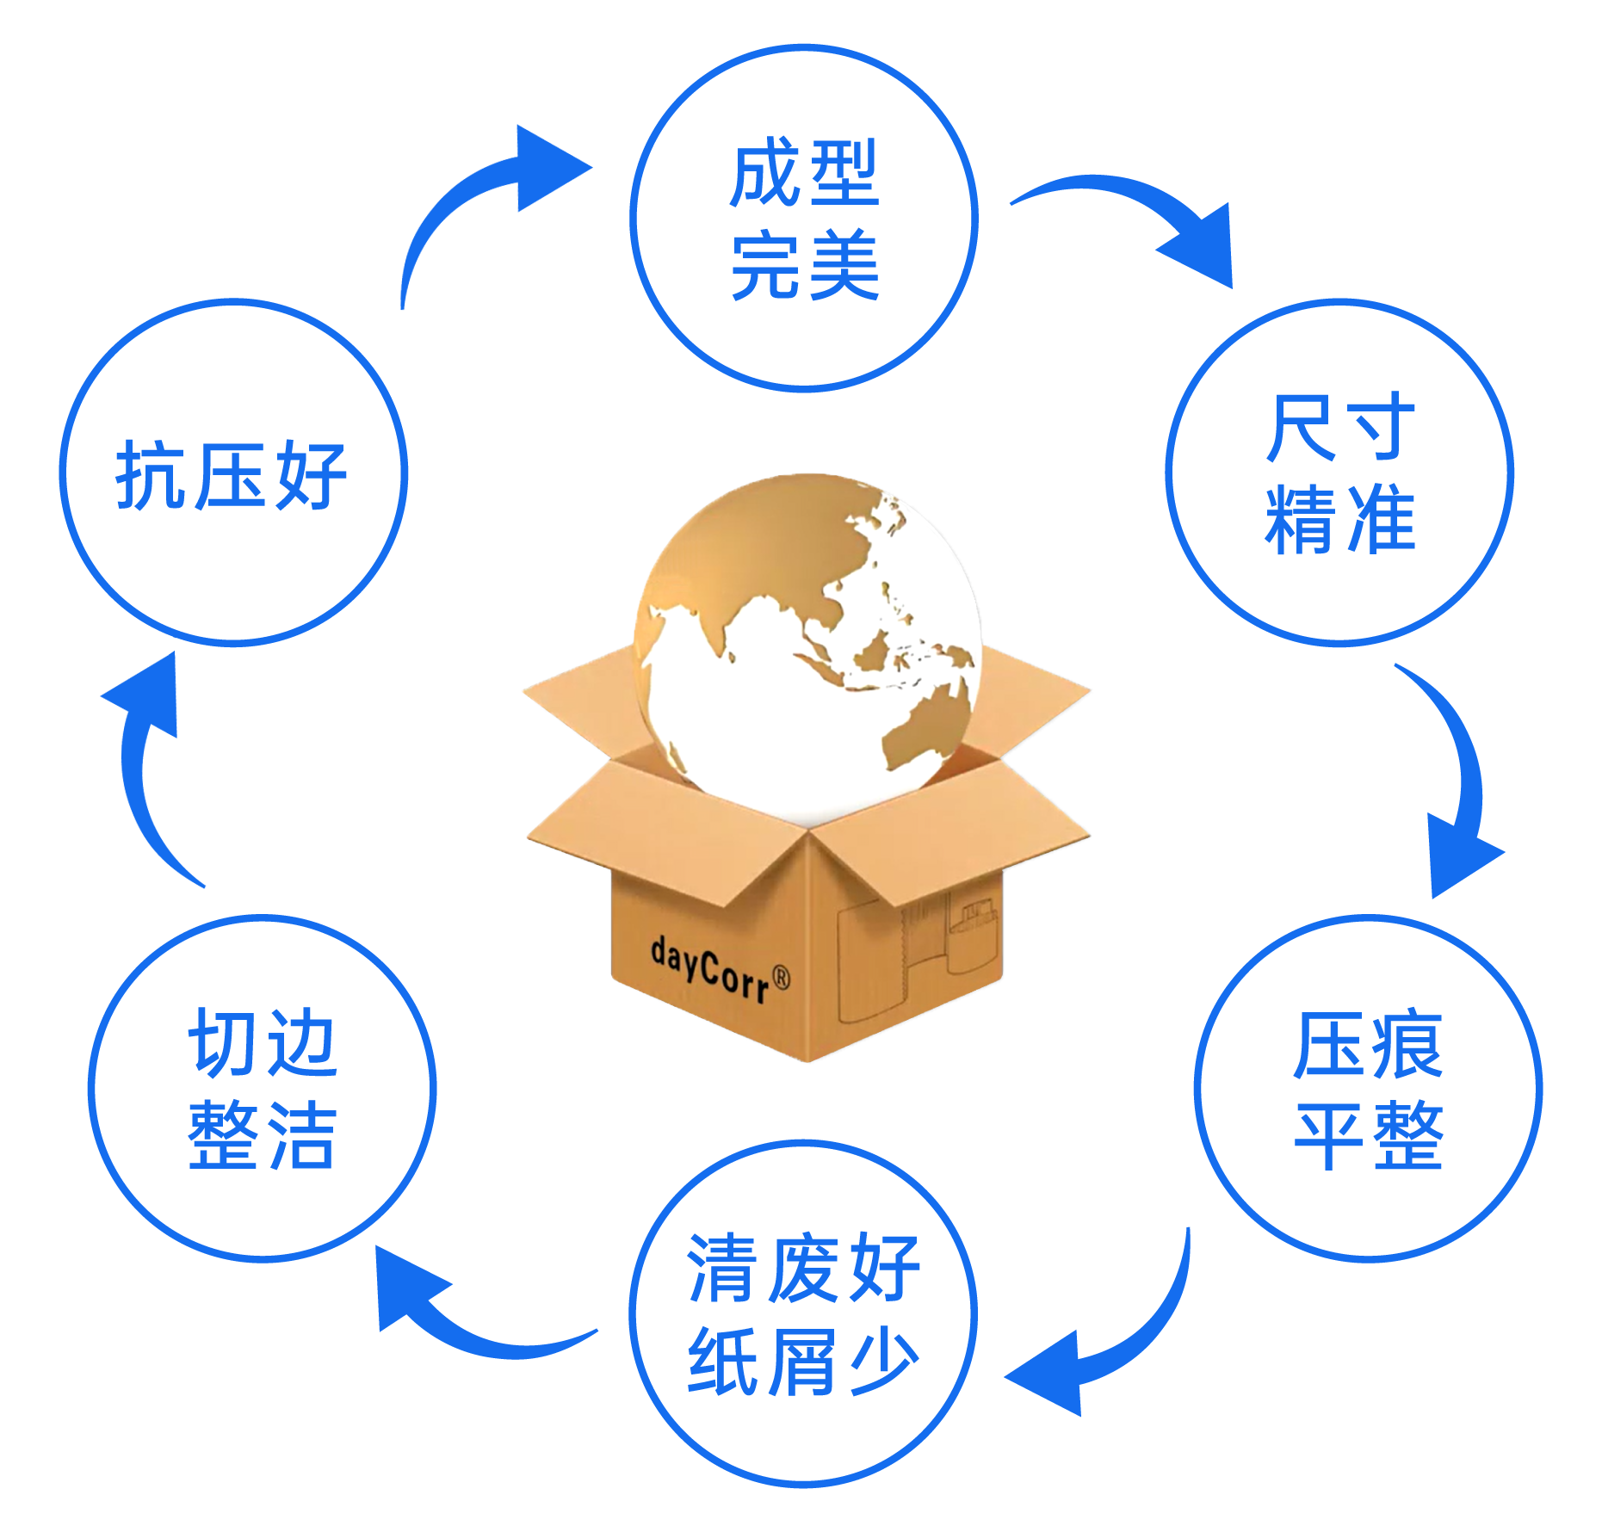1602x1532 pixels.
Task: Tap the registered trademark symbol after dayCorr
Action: coord(781,978)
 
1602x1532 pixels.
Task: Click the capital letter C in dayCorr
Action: coord(708,971)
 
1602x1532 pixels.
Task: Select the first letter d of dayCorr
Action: coord(659,951)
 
